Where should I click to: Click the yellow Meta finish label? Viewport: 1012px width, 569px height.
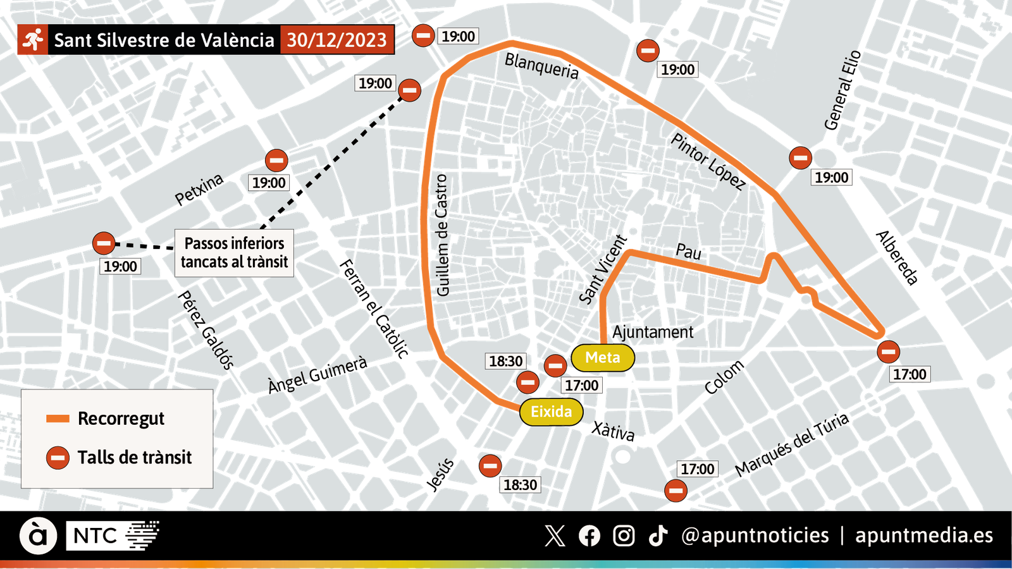coord(602,358)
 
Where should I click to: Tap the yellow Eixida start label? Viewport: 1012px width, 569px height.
coord(551,412)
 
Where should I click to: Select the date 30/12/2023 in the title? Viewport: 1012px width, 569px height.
coord(336,40)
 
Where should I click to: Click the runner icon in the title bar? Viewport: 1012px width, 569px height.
coord(32,40)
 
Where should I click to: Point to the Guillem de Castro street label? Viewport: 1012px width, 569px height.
coord(443,234)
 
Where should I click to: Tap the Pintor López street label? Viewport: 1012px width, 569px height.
coord(707,159)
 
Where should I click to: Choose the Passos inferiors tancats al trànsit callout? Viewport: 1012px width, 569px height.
coord(234,253)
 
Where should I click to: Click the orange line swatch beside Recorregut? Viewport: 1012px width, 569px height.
coord(58,419)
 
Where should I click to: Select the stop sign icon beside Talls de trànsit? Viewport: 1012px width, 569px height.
coord(58,457)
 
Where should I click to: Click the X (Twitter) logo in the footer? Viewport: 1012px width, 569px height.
coord(555,535)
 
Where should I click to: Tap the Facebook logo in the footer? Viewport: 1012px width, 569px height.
coord(589,535)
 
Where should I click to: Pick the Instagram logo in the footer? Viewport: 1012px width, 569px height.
coord(624,535)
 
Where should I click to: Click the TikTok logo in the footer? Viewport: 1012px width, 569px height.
coord(658,535)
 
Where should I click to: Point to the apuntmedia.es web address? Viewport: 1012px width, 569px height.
coord(923,535)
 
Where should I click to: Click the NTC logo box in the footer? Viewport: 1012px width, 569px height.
coord(95,536)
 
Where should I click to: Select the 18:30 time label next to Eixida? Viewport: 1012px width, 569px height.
coord(506,361)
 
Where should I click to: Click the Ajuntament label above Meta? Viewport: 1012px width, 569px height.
coord(652,331)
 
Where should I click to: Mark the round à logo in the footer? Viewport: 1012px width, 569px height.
coord(38,536)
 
